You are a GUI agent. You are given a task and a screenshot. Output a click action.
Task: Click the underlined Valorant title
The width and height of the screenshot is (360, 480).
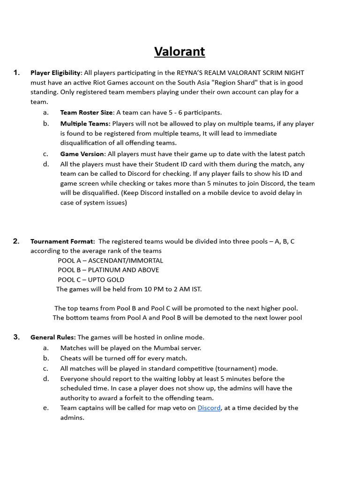click(180, 51)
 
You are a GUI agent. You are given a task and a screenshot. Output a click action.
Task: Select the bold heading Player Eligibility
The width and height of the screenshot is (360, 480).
click(56, 73)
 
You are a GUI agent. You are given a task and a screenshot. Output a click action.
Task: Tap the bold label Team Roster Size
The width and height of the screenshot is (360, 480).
click(87, 112)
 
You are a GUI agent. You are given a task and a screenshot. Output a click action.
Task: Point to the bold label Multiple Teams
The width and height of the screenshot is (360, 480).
click(85, 124)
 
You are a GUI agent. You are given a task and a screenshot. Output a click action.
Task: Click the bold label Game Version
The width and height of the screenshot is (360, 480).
click(82, 154)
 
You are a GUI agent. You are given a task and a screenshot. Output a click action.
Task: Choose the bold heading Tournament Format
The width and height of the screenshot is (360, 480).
click(62, 241)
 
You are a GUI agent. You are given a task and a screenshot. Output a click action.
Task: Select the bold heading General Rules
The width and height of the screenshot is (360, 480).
click(53, 337)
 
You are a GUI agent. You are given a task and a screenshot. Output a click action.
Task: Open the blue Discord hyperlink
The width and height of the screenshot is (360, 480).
click(209, 408)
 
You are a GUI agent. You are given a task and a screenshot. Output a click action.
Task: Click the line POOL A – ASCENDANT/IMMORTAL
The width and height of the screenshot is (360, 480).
click(110, 261)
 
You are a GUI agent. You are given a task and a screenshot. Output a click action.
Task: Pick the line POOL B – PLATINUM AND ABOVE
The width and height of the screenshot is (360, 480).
click(108, 270)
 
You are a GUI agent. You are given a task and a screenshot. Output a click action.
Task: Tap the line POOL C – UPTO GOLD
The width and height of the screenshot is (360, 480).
click(91, 280)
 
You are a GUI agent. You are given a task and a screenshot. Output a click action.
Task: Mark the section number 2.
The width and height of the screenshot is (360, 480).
click(16, 241)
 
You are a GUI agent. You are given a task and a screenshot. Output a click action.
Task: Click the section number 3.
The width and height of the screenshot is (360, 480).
click(16, 337)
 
